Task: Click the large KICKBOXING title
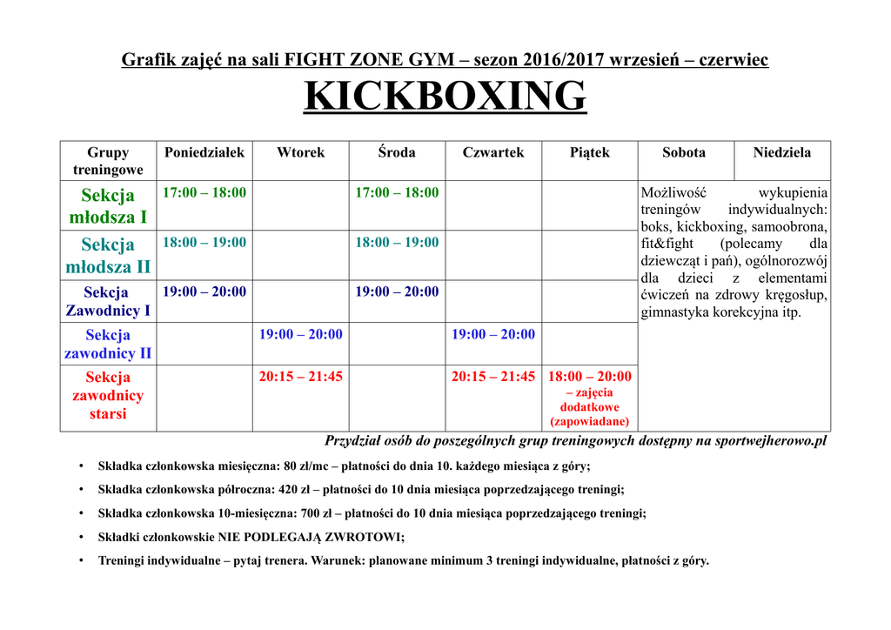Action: (445, 96)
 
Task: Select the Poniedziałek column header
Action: (204, 152)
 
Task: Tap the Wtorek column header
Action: (300, 152)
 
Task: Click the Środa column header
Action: (397, 152)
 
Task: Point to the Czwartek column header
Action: (493, 152)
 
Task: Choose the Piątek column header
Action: (590, 152)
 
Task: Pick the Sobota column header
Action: (684, 152)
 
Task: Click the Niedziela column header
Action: (782, 152)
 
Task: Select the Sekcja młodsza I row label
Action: (108, 205)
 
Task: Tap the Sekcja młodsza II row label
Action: (108, 255)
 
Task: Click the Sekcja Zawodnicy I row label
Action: (108, 301)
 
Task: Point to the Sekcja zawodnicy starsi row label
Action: (108, 395)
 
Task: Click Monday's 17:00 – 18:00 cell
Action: (204, 192)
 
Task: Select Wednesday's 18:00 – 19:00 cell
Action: (397, 242)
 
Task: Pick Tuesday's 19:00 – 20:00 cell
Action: (300, 334)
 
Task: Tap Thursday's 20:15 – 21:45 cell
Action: (493, 377)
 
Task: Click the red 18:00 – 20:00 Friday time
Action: (590, 377)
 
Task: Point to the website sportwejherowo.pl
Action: (770, 440)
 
